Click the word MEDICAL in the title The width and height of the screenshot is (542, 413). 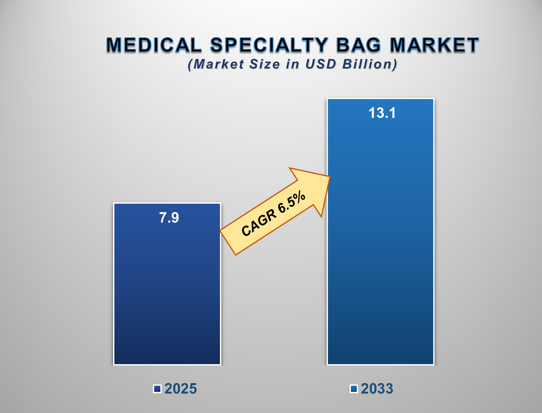point(154,45)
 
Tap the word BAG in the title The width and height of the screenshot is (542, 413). point(358,45)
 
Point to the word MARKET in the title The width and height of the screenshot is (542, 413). point(434,45)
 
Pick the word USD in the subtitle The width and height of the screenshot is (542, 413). point(320,64)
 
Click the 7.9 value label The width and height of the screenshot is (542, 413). point(169,218)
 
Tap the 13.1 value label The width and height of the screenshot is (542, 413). point(382,113)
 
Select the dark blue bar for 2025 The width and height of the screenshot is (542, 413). point(167,294)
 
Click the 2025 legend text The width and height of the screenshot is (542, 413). point(180,388)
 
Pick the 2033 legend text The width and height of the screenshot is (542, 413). point(377,388)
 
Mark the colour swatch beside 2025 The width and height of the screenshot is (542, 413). point(157,389)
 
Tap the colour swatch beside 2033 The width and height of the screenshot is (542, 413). point(354,389)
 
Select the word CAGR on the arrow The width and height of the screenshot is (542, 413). point(259,223)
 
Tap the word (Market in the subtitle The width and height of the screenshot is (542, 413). point(216,64)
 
